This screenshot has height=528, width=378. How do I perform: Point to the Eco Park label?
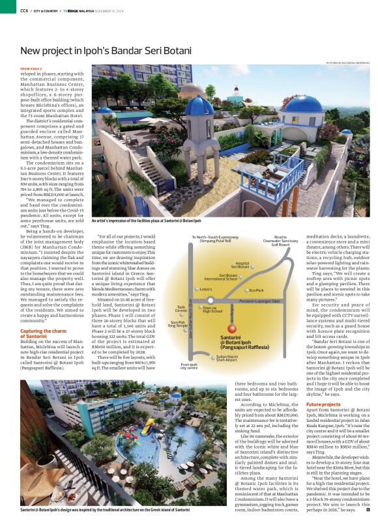tap(256, 290)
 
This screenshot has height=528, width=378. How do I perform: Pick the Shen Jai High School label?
tap(212, 310)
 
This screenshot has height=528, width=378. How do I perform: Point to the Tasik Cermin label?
tap(181, 309)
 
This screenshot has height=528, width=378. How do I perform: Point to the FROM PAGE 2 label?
tap(31, 68)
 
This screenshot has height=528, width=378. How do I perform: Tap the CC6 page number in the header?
tap(23, 10)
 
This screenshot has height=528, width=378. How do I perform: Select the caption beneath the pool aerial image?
tap(104, 510)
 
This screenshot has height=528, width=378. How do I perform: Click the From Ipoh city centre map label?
tap(189, 367)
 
